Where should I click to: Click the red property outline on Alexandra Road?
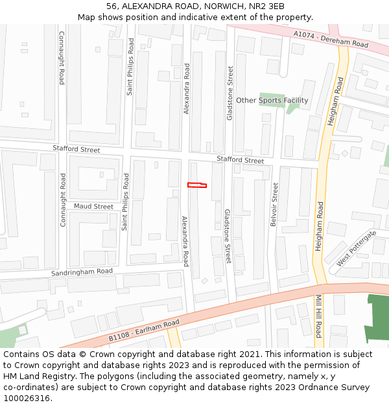(x=197, y=185)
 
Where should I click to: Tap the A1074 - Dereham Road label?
(x=330, y=40)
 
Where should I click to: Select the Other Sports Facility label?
(x=272, y=100)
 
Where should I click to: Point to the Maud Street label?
(x=93, y=206)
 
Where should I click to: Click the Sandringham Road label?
(x=82, y=273)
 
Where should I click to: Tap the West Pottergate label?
(x=356, y=248)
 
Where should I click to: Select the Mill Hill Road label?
(x=318, y=316)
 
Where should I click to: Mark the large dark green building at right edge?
(x=377, y=318)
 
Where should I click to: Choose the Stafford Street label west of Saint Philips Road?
(x=77, y=150)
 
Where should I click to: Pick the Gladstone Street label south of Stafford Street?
(x=227, y=236)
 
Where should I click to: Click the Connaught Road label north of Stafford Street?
(x=62, y=58)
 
